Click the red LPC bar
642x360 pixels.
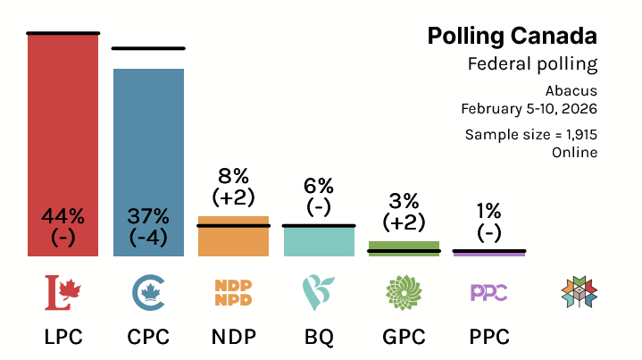(x=63, y=134)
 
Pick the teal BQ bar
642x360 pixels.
(x=319, y=241)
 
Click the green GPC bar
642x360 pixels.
(x=404, y=247)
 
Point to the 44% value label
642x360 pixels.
(x=63, y=215)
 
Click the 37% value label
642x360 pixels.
(x=148, y=215)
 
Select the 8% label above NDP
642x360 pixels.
(x=233, y=176)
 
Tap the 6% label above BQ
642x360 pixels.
(x=319, y=186)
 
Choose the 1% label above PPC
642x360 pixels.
(x=488, y=211)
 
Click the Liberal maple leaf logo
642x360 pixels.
(x=63, y=291)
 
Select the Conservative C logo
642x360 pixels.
(x=148, y=291)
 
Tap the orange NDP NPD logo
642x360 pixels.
(x=233, y=291)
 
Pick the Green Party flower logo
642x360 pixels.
(x=404, y=291)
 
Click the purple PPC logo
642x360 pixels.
(x=488, y=291)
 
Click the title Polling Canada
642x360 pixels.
(x=512, y=36)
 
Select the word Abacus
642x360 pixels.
(x=571, y=90)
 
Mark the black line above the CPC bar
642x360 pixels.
(x=148, y=48)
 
